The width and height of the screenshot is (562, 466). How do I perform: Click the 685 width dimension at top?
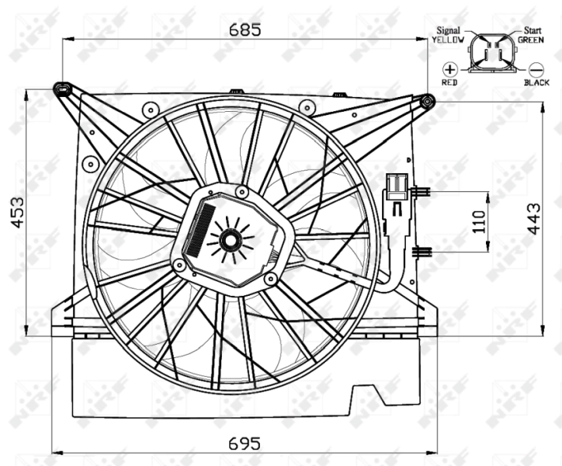pos(245,30)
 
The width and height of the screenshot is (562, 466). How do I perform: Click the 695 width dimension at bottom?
pos(245,443)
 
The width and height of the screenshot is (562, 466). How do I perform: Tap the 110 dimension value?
pos(479,221)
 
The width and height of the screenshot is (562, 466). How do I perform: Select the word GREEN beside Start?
pos(532,39)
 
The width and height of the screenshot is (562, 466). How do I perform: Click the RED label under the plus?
pos(449,82)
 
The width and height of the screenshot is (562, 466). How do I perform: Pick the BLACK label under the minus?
pos(536,82)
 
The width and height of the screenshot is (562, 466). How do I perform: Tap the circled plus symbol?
pos(449,68)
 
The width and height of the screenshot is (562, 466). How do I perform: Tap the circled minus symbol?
pos(536,68)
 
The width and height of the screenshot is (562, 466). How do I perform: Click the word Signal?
pos(449,30)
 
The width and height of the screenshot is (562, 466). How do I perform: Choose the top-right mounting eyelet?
pos(426,101)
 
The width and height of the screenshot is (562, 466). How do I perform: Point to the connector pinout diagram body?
pos(491,53)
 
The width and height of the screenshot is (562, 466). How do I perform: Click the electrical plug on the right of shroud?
pos(396,190)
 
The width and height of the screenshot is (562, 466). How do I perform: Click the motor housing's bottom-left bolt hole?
pos(180,266)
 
